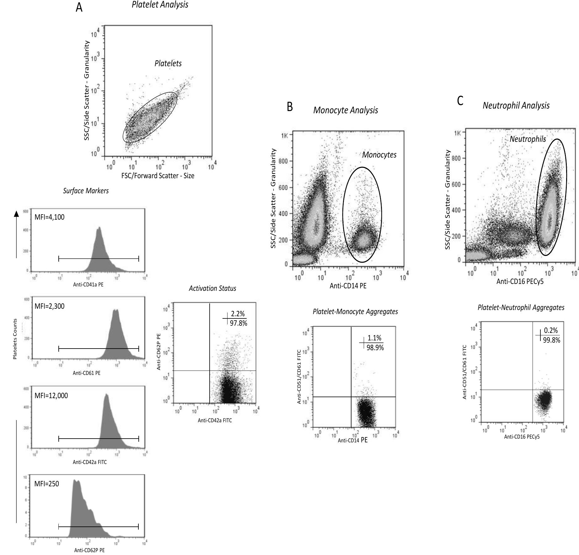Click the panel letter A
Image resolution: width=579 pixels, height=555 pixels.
click(x=79, y=7)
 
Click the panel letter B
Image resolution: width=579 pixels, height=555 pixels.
click(x=290, y=107)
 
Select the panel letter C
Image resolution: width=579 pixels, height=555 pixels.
click(x=460, y=101)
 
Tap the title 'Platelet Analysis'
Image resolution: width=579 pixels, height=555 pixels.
click(x=160, y=5)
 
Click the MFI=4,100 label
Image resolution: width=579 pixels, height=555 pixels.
click(x=50, y=217)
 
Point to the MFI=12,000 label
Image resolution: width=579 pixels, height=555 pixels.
click(x=51, y=396)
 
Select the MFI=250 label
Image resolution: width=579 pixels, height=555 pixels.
click(x=46, y=483)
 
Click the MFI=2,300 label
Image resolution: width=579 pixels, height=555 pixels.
click(x=50, y=306)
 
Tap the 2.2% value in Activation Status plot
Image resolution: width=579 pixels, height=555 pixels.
click(x=238, y=314)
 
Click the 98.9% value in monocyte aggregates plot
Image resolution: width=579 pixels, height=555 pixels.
click(x=375, y=347)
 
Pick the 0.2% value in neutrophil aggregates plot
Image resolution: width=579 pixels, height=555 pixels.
click(x=551, y=330)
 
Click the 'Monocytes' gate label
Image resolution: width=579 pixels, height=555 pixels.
click(x=379, y=155)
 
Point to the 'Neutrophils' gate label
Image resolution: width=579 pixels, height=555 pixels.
click(x=528, y=139)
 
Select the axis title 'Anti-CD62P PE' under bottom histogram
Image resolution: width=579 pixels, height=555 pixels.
click(x=89, y=550)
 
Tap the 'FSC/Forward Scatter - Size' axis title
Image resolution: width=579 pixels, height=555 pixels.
click(x=158, y=176)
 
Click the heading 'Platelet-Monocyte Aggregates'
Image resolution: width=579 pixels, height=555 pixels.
click(x=355, y=312)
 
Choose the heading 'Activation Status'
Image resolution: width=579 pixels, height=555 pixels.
click(x=212, y=288)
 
